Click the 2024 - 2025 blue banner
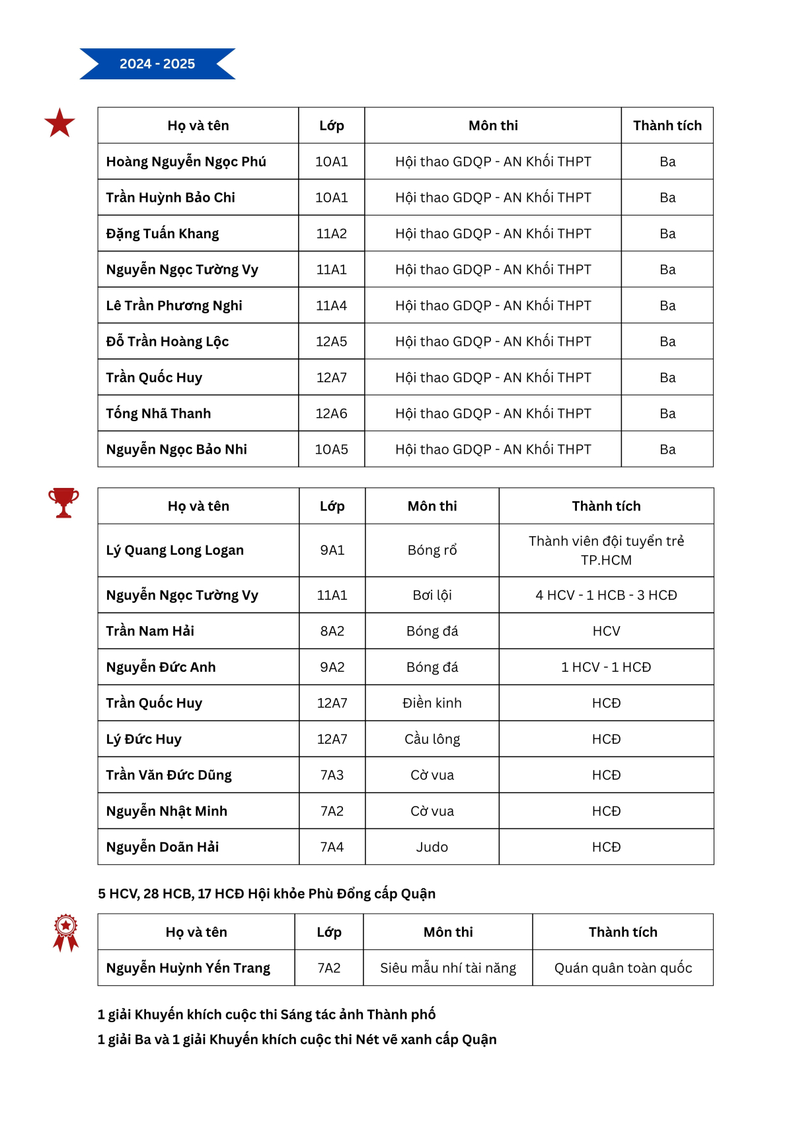(157, 64)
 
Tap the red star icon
(59, 124)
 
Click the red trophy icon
(63, 502)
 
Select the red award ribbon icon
(65, 932)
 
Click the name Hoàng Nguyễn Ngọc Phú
(186, 162)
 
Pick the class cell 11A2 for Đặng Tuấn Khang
(331, 233)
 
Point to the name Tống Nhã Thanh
(159, 413)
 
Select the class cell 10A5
(331, 450)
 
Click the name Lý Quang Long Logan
(174, 550)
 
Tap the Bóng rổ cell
(432, 550)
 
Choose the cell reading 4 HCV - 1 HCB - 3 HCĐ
(606, 595)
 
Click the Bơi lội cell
(432, 595)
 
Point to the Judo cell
(432, 847)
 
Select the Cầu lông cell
(432, 739)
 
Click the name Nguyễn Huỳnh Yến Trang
(188, 968)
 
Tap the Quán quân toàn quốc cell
(623, 968)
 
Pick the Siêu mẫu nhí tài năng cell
(448, 968)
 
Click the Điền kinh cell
(432, 703)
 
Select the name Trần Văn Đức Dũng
(169, 775)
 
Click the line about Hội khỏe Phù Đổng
(266, 894)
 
